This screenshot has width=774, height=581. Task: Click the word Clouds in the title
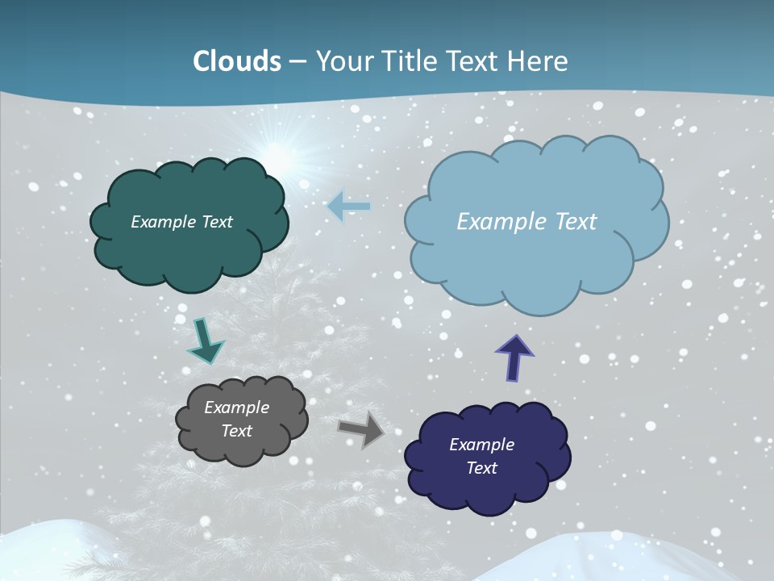tap(237, 61)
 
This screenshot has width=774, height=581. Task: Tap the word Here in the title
tap(538, 61)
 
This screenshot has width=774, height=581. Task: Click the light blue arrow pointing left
tap(348, 207)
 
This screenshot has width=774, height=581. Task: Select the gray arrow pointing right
tap(361, 429)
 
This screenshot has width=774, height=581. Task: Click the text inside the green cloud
tap(181, 222)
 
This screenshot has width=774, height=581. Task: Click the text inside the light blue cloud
tap(526, 222)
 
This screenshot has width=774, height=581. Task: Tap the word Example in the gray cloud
tap(236, 408)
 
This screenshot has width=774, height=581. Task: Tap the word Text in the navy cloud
tap(481, 469)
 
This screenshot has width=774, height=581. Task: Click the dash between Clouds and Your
tap(296, 62)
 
